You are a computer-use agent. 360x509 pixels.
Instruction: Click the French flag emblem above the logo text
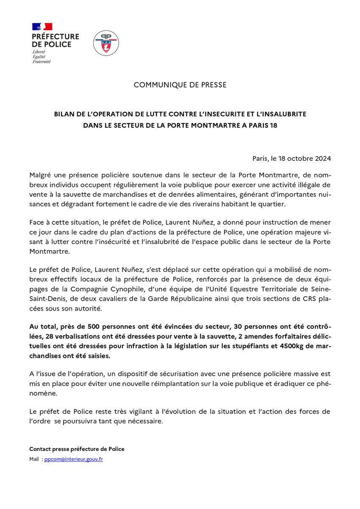point(42,26)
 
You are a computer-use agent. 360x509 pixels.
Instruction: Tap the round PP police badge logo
point(106,42)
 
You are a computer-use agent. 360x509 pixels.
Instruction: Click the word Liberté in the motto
point(39,51)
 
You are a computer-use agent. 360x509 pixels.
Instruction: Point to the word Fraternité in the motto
point(42,61)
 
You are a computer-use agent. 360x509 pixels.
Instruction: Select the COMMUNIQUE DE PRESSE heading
point(180,85)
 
